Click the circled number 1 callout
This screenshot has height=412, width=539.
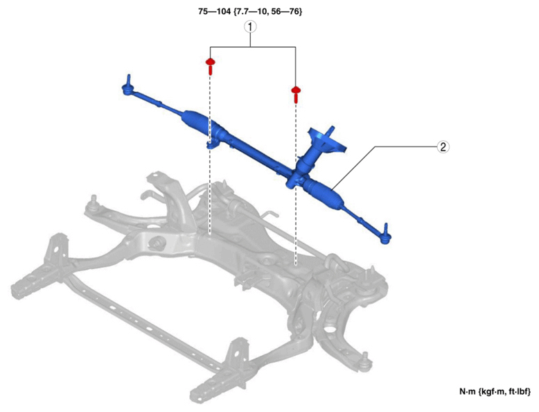tap(250, 26)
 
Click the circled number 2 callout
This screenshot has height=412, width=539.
tap(443, 147)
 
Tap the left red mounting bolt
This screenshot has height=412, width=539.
tap(210, 67)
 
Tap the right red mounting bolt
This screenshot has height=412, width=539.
tap(296, 94)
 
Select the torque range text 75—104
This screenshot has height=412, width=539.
tap(214, 11)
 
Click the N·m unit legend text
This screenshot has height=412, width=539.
tap(495, 391)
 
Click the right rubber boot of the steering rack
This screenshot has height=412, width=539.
tap(323, 194)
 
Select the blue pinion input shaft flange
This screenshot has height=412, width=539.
tap(326, 139)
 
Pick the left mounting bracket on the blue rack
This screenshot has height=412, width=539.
tap(212, 144)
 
